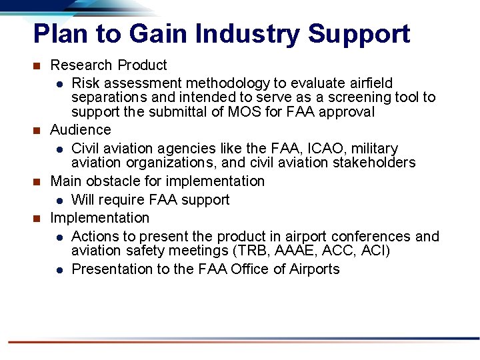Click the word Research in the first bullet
point(81,65)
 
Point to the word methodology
point(229,83)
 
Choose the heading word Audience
point(81,129)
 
